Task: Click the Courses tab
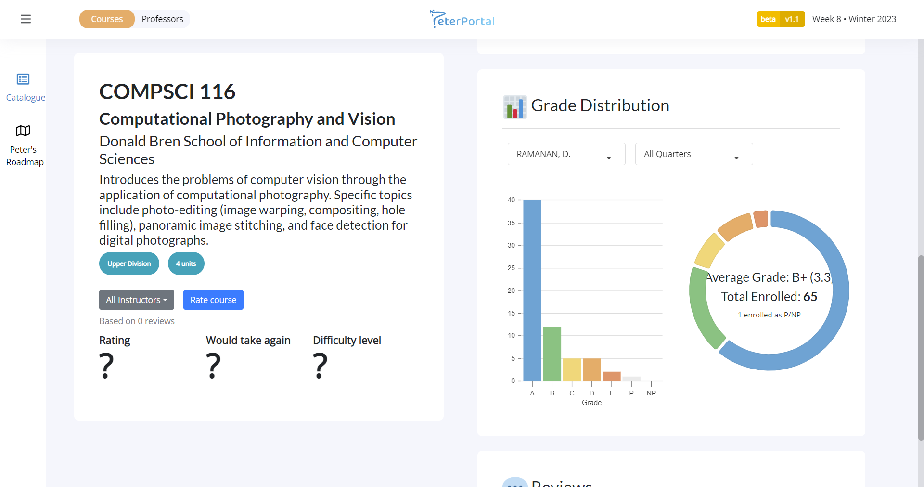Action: [107, 19]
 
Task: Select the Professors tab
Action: [162, 19]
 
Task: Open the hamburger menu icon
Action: [26, 19]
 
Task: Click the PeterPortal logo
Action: [462, 19]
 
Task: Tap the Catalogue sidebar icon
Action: [23, 79]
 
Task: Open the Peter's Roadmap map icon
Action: [23, 131]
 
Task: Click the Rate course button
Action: [213, 300]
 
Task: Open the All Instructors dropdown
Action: [137, 300]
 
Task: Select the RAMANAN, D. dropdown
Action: [566, 154]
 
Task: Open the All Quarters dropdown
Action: [693, 154]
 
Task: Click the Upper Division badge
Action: [129, 264]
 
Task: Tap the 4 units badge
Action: [186, 264]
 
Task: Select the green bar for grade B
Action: [552, 354]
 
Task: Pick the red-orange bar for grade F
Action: [612, 376]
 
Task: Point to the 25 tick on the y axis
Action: [511, 268]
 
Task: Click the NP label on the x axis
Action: [651, 394]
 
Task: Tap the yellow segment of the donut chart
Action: [709, 250]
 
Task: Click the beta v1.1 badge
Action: [781, 19]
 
